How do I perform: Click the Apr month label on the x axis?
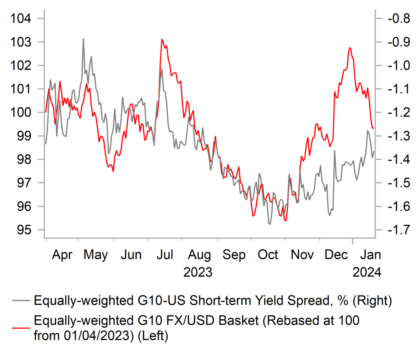(62, 255)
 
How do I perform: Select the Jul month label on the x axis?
(165, 255)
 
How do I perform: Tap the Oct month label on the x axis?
(268, 255)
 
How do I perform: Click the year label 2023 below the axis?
(198, 272)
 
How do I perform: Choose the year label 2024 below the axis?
(367, 272)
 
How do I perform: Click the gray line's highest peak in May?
(83, 39)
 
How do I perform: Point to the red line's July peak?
(162, 39)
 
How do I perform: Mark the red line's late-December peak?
(350, 48)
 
